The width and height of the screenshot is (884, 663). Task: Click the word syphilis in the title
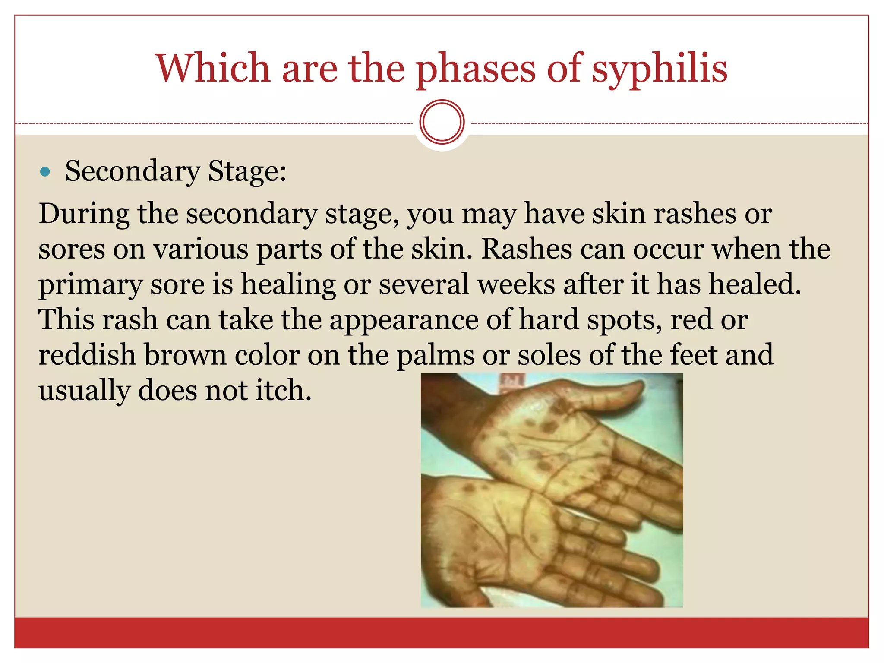[x=659, y=69]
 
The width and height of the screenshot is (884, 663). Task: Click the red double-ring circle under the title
[x=442, y=122]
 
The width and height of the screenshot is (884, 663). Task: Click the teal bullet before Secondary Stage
[x=45, y=172]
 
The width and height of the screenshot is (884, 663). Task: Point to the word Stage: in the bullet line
[x=247, y=171]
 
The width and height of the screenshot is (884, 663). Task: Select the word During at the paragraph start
[x=84, y=214]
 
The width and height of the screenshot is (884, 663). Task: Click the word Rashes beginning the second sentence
[x=527, y=249]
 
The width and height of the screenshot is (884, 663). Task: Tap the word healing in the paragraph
[x=288, y=284]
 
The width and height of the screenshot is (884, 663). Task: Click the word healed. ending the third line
[x=755, y=284]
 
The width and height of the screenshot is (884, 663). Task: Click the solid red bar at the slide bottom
[x=442, y=633]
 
